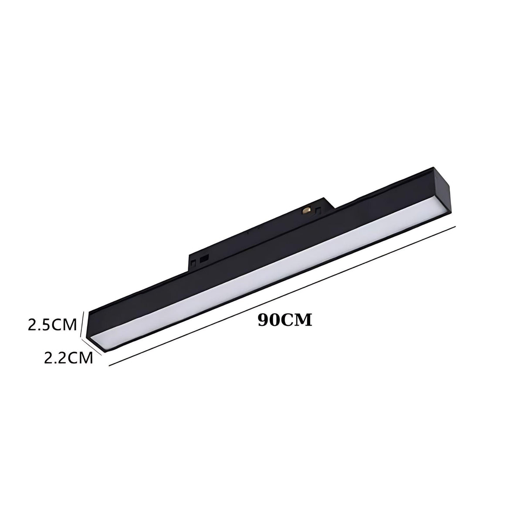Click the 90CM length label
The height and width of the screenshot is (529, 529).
(x=285, y=320)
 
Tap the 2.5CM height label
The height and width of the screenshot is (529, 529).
(x=52, y=325)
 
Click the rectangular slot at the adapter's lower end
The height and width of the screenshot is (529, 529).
(x=204, y=259)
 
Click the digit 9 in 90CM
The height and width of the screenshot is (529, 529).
(x=264, y=320)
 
